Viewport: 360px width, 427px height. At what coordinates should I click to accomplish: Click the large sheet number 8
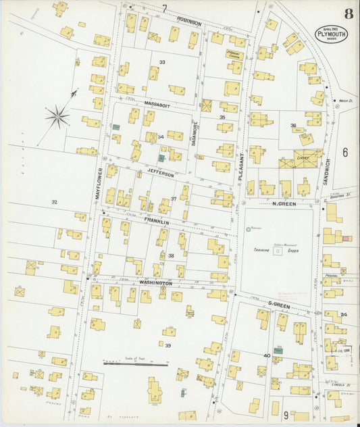tap(348, 13)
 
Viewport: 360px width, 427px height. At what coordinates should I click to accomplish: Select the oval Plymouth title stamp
tap(331, 34)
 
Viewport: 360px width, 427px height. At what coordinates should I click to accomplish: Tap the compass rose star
tap(57, 116)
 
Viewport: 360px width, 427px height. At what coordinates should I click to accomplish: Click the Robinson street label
tap(189, 23)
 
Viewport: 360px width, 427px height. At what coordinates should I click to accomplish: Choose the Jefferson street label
tap(161, 175)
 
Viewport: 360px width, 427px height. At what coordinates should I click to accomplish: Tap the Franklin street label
tap(155, 221)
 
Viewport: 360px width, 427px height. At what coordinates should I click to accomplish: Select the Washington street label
tap(157, 282)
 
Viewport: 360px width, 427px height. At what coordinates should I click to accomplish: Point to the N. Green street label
tap(284, 203)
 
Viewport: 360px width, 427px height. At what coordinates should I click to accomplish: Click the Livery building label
tap(302, 157)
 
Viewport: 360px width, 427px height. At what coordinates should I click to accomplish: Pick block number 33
tap(162, 62)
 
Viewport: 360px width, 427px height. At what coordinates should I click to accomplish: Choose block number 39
tap(168, 345)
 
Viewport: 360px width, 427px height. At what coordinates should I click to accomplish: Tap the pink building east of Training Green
tap(346, 238)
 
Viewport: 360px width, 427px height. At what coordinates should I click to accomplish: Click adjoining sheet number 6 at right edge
tap(345, 153)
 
